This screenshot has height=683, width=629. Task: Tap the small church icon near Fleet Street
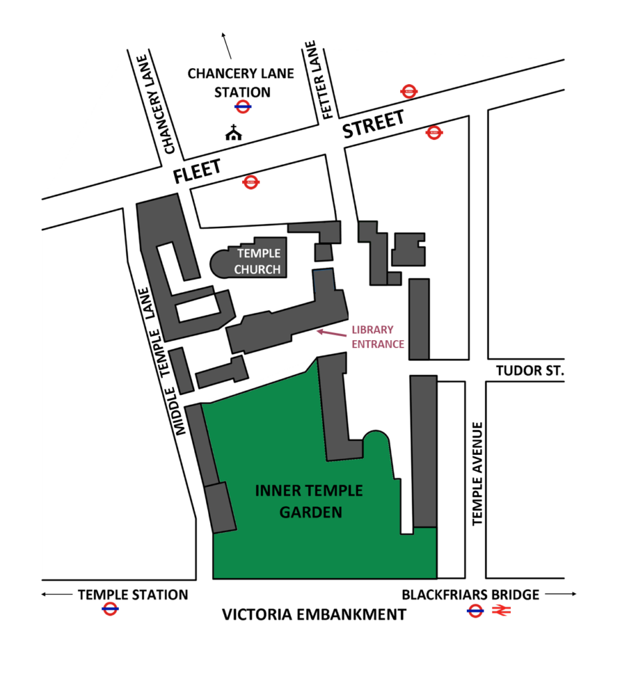233,133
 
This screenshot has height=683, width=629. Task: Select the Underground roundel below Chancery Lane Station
242,106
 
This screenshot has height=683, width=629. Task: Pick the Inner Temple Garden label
309,502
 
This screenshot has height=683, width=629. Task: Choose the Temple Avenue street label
478,474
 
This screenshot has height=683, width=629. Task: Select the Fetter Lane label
318,80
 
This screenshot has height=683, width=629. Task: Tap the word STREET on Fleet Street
374,125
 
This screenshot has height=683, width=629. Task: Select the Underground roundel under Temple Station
110,609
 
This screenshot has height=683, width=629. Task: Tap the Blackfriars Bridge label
470,594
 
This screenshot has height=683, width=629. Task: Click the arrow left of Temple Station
56,594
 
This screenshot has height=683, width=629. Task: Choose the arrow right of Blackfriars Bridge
562,594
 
